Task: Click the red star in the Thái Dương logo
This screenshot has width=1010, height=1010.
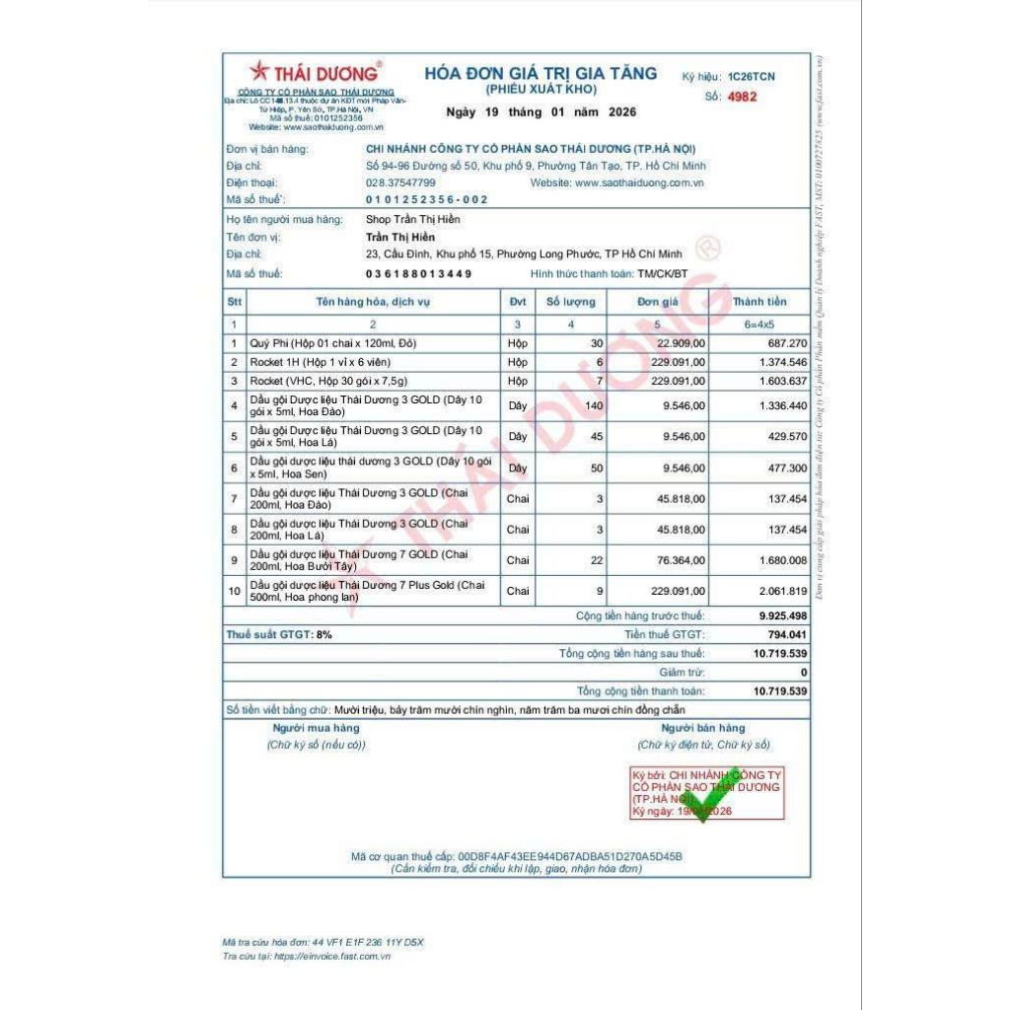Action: pyautogui.click(x=258, y=71)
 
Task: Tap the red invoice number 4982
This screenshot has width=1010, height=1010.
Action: pyautogui.click(x=742, y=97)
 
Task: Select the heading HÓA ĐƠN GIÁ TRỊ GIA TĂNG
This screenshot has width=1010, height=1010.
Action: pyautogui.click(x=541, y=73)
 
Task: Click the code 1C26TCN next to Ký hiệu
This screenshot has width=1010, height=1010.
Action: pyautogui.click(x=751, y=76)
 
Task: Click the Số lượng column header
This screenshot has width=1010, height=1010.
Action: pyautogui.click(x=571, y=302)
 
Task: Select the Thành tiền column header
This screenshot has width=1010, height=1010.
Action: pyautogui.click(x=758, y=302)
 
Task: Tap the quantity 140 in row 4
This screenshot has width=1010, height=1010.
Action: pyautogui.click(x=593, y=404)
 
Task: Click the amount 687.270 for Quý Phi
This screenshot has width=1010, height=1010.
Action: pyautogui.click(x=787, y=343)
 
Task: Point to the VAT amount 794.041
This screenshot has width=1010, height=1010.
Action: pyautogui.click(x=784, y=634)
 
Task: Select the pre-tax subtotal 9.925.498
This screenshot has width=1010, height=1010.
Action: pyautogui.click(x=782, y=615)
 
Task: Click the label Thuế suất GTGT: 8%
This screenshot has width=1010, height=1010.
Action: pyautogui.click(x=279, y=634)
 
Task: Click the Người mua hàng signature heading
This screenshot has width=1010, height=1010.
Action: pyautogui.click(x=316, y=728)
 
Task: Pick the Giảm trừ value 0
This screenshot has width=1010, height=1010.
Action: pyautogui.click(x=803, y=672)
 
